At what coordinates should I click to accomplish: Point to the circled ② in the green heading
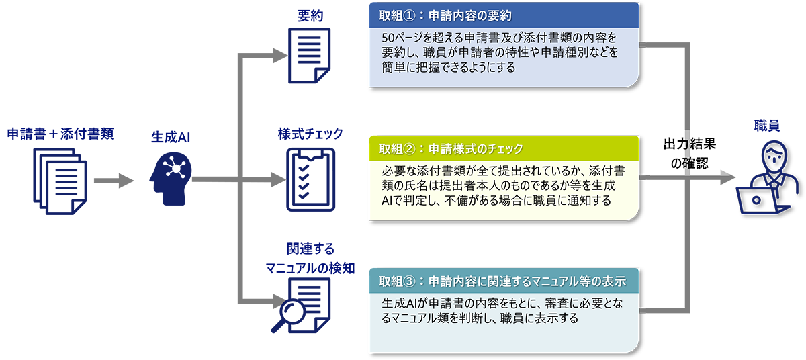click(409, 148)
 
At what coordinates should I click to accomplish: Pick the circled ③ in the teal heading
click(409, 280)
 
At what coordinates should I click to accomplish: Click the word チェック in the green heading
click(504, 148)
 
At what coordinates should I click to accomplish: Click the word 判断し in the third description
click(473, 319)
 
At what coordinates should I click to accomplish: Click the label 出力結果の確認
click(684, 153)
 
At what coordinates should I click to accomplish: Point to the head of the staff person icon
click(770, 156)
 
